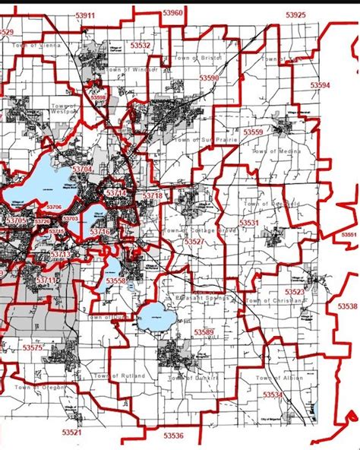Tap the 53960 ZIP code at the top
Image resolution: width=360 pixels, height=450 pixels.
pos(172,13)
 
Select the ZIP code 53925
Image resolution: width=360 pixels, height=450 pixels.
pos(295,15)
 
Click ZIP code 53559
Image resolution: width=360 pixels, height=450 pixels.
pos(254,132)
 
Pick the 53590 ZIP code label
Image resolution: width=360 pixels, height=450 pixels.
pos(209,78)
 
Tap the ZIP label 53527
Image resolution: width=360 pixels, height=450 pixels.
pos(194,241)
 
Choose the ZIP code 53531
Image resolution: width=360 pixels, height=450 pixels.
pos(249,223)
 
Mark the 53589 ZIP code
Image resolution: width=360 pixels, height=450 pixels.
pos(204,332)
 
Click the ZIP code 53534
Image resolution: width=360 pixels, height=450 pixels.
pos(272,395)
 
